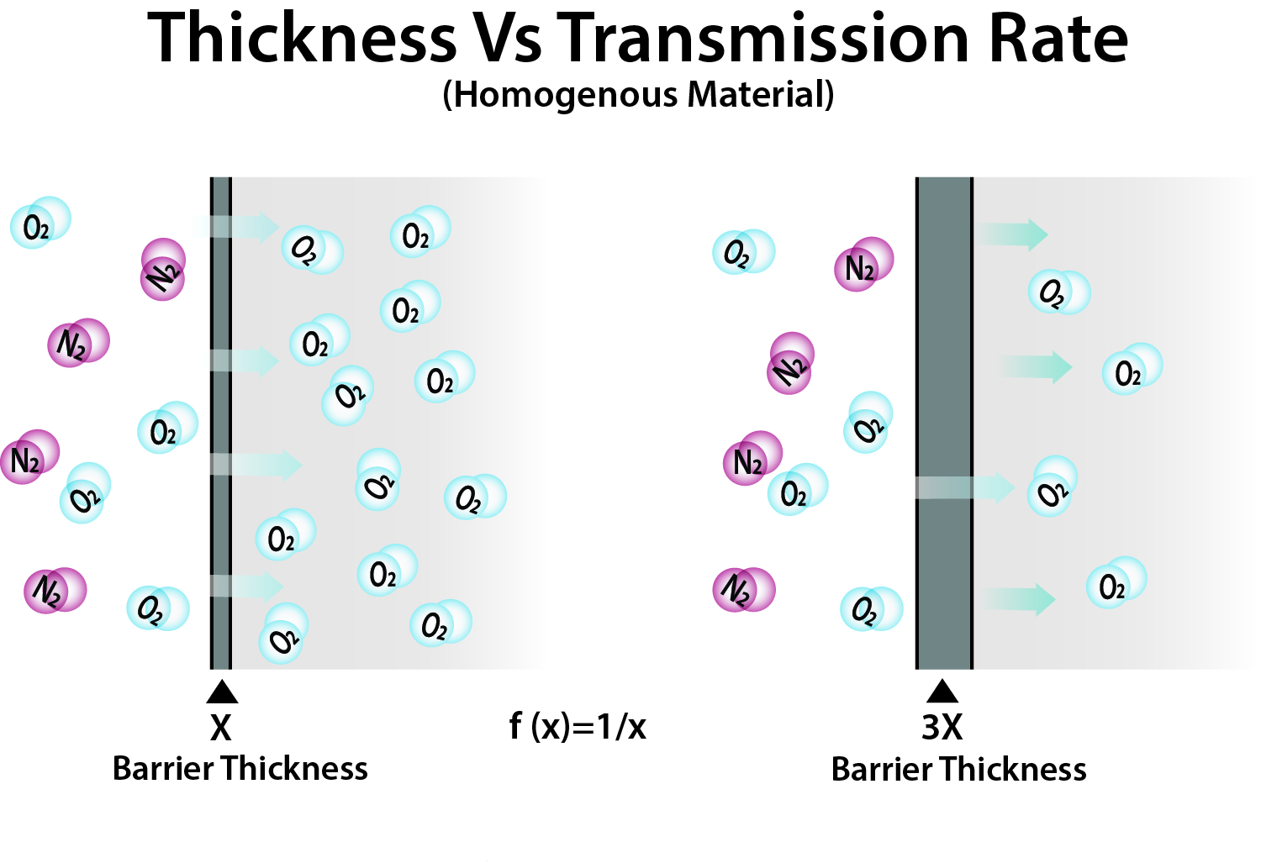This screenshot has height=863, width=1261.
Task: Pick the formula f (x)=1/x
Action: pos(578,726)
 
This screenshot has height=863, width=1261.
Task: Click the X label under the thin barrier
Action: pos(221,728)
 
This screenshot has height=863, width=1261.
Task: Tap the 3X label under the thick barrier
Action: pos(942,728)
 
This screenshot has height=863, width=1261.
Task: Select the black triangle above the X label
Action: pos(222,692)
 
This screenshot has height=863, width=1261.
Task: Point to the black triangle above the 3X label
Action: pos(942,692)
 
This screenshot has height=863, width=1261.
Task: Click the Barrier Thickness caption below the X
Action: pos(240,769)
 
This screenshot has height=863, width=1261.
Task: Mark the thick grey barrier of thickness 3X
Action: pos(944,353)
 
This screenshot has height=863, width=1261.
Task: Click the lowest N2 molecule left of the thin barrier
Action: pos(55,591)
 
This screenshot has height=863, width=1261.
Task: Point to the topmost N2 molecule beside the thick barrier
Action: pos(864,265)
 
